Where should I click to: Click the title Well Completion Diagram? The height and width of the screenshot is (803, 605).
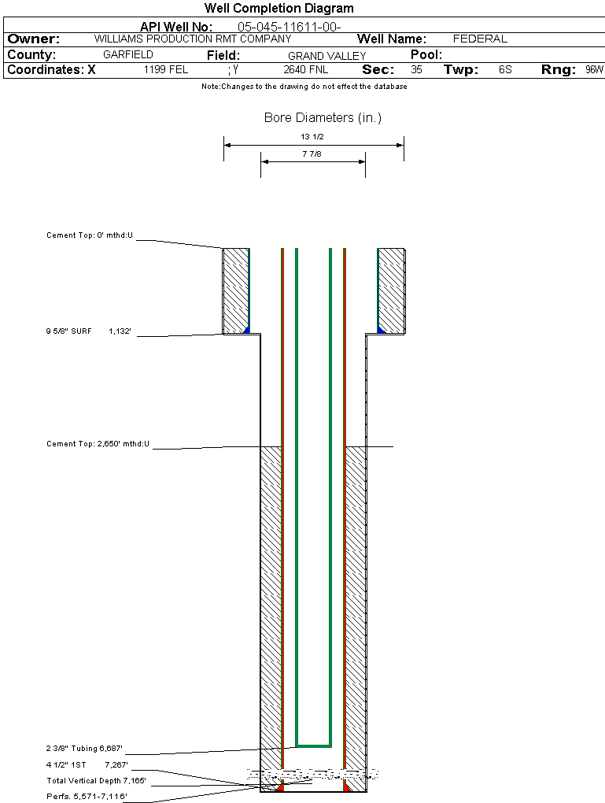pos(279,9)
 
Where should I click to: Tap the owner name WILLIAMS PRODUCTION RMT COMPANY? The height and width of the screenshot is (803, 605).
pos(192,39)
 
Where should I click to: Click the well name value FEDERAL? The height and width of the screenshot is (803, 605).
pos(480,39)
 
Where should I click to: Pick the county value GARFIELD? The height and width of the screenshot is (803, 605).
pos(128,55)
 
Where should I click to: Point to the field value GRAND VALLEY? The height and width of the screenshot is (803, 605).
pos(326,56)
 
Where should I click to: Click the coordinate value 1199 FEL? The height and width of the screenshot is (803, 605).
pos(166,70)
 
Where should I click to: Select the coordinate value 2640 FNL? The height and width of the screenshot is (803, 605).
pos(306,70)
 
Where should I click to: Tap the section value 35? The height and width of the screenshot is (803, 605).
pos(416,70)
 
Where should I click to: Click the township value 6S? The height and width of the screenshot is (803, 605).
pos(505,70)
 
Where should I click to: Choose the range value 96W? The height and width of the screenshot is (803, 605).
pos(594,70)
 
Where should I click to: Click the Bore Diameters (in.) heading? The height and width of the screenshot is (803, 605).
pos(323,118)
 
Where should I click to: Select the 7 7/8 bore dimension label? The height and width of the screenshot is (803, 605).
pos(312,154)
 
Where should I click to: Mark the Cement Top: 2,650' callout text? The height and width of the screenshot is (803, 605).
pos(98,444)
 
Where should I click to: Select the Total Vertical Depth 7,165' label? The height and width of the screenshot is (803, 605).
pos(96,781)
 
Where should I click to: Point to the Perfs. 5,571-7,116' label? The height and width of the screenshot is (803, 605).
pos(87,797)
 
